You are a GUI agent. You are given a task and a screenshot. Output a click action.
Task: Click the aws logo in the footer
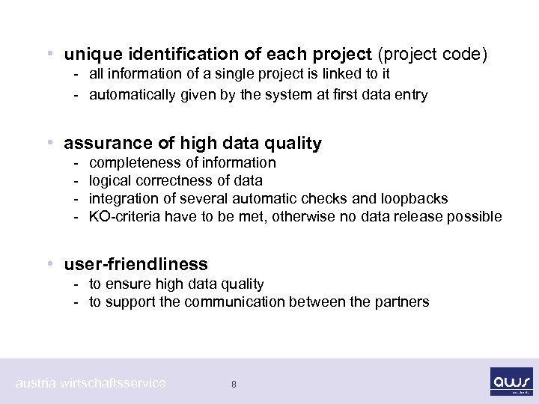pyautogui.click(x=511, y=379)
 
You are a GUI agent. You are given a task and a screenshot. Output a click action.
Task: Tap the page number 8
pyautogui.click(x=234, y=385)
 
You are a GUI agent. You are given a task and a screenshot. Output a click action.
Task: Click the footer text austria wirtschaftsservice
pyautogui.click(x=91, y=383)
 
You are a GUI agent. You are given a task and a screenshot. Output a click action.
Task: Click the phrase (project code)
pyautogui.click(x=433, y=55)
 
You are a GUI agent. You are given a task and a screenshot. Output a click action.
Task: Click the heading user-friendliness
pyautogui.click(x=136, y=264)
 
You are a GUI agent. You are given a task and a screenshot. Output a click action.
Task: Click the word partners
pyautogui.click(x=404, y=302)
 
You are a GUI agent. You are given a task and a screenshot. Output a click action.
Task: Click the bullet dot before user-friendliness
pyautogui.click(x=49, y=264)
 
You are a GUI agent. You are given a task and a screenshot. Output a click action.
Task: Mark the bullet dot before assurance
pyautogui.click(x=49, y=143)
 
